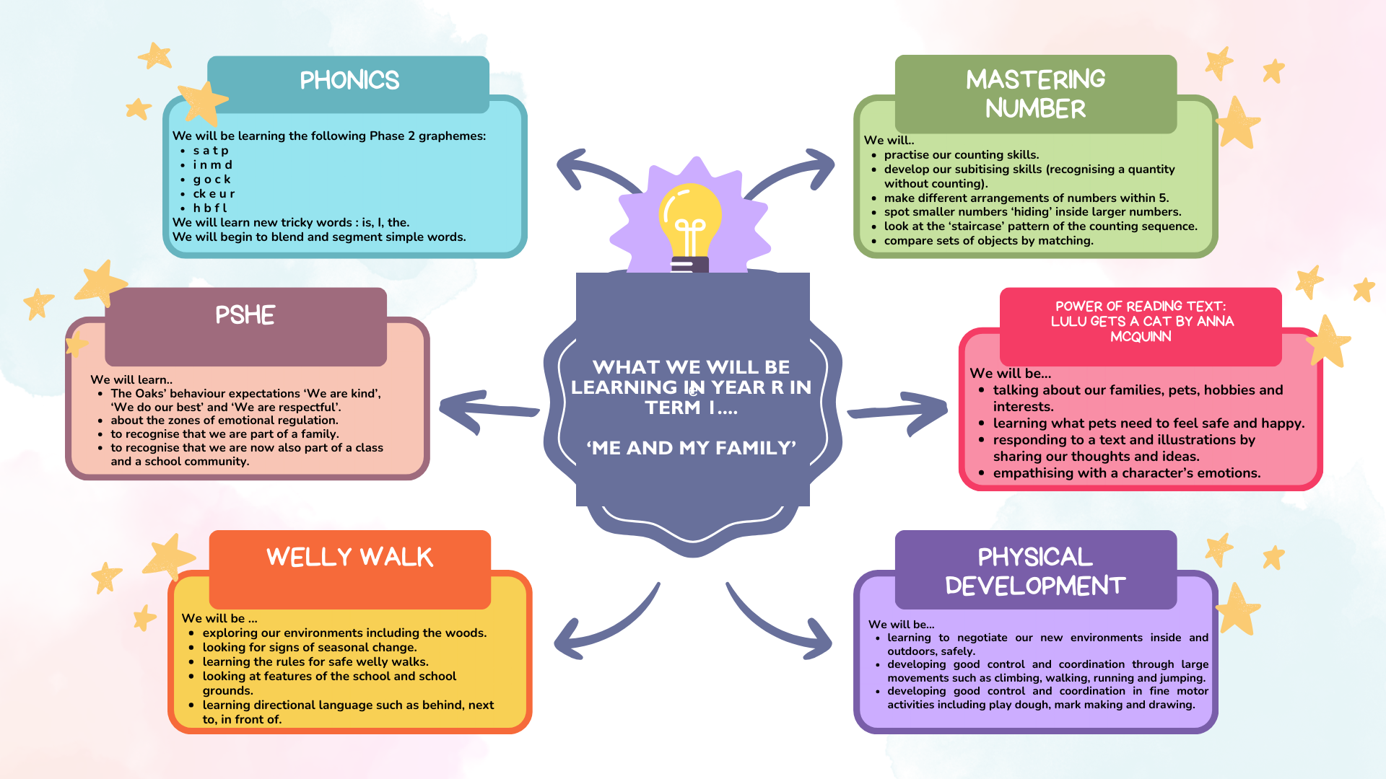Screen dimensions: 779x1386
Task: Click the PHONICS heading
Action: (349, 80)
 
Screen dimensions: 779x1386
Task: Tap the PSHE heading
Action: (245, 315)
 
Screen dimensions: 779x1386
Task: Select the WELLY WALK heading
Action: (349, 557)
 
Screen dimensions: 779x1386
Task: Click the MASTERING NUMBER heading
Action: (1035, 94)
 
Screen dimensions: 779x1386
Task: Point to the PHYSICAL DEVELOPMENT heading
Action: (1035, 571)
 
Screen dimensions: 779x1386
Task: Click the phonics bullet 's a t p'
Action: (211, 151)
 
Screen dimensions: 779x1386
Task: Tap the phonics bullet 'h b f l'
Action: (210, 208)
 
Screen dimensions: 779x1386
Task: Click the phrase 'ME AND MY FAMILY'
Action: (692, 448)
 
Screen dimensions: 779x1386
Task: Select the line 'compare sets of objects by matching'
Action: (988, 241)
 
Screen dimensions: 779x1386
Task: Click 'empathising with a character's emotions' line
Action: (1126, 473)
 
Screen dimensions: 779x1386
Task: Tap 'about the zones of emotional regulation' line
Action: (224, 421)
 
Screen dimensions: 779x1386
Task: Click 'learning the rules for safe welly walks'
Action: (315, 662)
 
